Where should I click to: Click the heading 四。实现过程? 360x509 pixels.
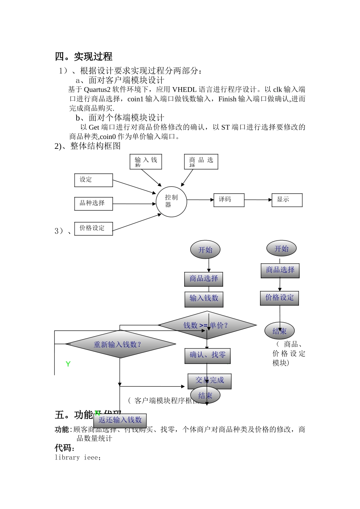click(83, 57)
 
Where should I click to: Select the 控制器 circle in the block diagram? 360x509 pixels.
click(171, 201)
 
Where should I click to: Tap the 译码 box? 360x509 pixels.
click(229, 200)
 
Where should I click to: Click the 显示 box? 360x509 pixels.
click(287, 200)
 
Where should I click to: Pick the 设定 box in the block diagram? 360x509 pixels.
click(93, 180)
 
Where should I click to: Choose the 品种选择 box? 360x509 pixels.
click(93, 203)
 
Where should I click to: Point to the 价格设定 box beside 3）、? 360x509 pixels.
click(93, 228)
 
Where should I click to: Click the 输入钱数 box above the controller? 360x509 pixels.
click(146, 162)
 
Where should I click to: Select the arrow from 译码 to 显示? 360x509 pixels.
click(258, 200)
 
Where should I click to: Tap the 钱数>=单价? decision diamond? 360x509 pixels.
click(207, 325)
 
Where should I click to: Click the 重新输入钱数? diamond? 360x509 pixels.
click(120, 344)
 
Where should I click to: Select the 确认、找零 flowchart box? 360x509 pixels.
click(207, 355)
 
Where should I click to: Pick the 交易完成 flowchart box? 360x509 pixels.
click(209, 380)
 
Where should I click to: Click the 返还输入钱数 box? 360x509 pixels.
click(120, 420)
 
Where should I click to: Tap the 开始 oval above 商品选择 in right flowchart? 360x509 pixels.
click(281, 249)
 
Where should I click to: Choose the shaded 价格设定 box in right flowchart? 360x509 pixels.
click(280, 298)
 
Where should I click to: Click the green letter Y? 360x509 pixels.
click(68, 364)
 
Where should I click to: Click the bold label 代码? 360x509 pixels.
click(65, 448)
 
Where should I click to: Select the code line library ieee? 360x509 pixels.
click(78, 457)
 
